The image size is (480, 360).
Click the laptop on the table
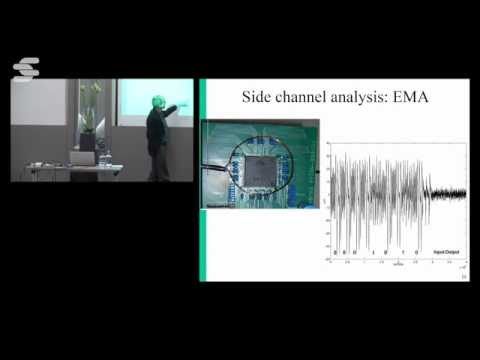tap(81, 157)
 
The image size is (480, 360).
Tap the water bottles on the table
tap(103, 158)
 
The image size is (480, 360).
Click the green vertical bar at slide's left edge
tap(203, 180)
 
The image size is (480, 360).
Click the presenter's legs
tap(157, 165)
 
